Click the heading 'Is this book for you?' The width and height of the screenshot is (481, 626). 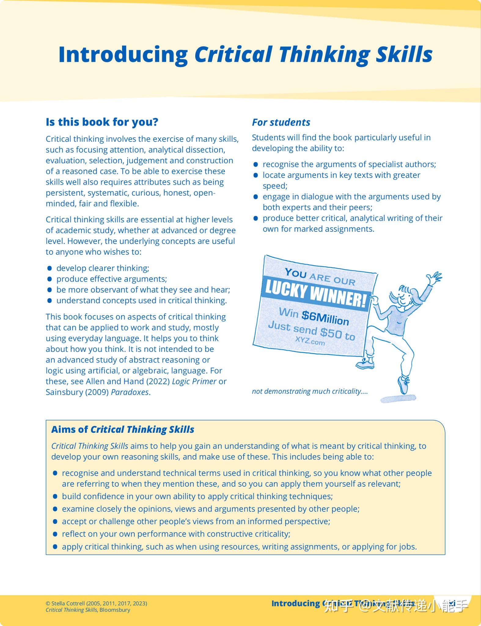(x=102, y=122)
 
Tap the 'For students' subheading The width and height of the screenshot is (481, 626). (x=281, y=122)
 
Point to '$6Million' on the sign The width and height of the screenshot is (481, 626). (x=325, y=318)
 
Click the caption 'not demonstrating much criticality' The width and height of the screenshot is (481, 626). (x=309, y=391)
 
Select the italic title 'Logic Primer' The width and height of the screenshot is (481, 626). (x=194, y=381)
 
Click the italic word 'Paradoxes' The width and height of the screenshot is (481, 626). (x=130, y=392)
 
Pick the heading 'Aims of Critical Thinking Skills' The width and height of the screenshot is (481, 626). (x=123, y=429)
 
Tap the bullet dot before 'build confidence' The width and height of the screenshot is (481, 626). (x=55, y=496)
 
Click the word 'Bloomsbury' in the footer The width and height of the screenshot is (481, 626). (x=115, y=610)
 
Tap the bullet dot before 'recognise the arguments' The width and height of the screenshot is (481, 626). (x=256, y=164)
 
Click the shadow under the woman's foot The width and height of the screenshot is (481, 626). (x=398, y=399)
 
